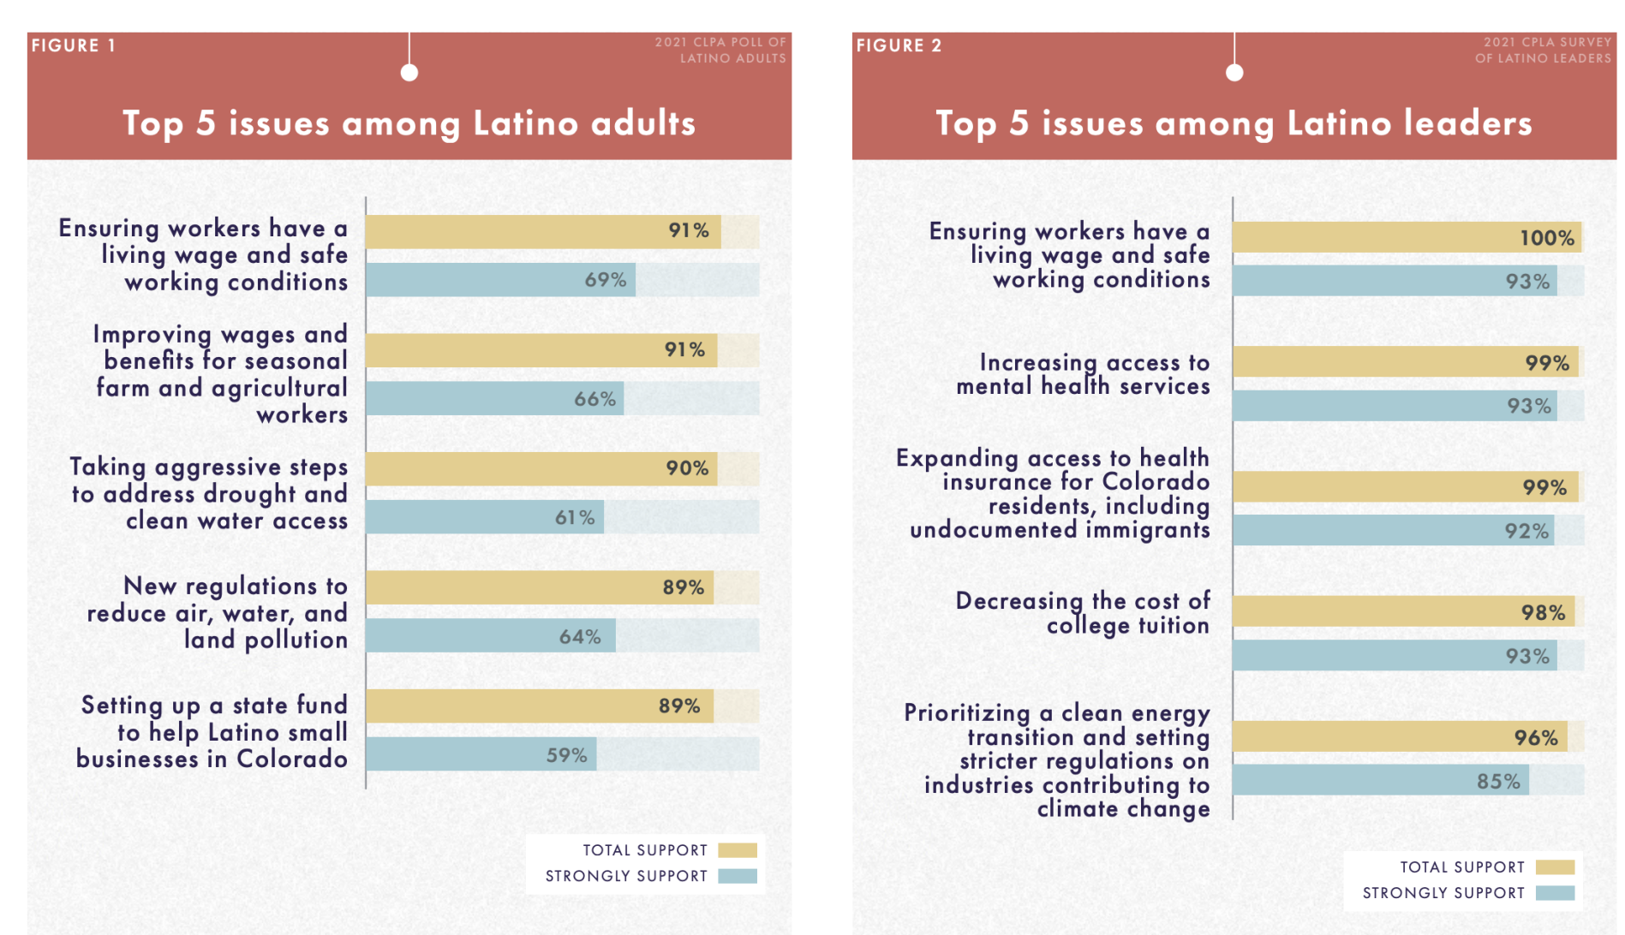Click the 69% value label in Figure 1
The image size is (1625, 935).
click(605, 280)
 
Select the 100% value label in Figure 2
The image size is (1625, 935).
click(1546, 238)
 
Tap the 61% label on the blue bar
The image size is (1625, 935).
click(574, 517)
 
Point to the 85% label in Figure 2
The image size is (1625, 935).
click(1498, 781)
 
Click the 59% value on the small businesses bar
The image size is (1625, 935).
click(566, 755)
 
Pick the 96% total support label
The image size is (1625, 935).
click(1535, 737)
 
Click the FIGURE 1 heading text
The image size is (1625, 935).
click(74, 45)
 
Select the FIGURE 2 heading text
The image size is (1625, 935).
click(899, 45)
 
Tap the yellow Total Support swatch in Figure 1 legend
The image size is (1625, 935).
click(737, 850)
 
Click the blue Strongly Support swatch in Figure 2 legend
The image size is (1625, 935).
click(1555, 893)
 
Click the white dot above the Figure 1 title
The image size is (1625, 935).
click(409, 73)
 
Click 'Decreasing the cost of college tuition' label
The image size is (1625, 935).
click(1083, 612)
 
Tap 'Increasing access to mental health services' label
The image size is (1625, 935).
click(1083, 374)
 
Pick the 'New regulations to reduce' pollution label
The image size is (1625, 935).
click(218, 612)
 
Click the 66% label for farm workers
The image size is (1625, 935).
click(594, 399)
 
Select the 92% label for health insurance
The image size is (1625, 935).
click(1526, 531)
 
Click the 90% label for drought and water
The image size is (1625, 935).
click(687, 468)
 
